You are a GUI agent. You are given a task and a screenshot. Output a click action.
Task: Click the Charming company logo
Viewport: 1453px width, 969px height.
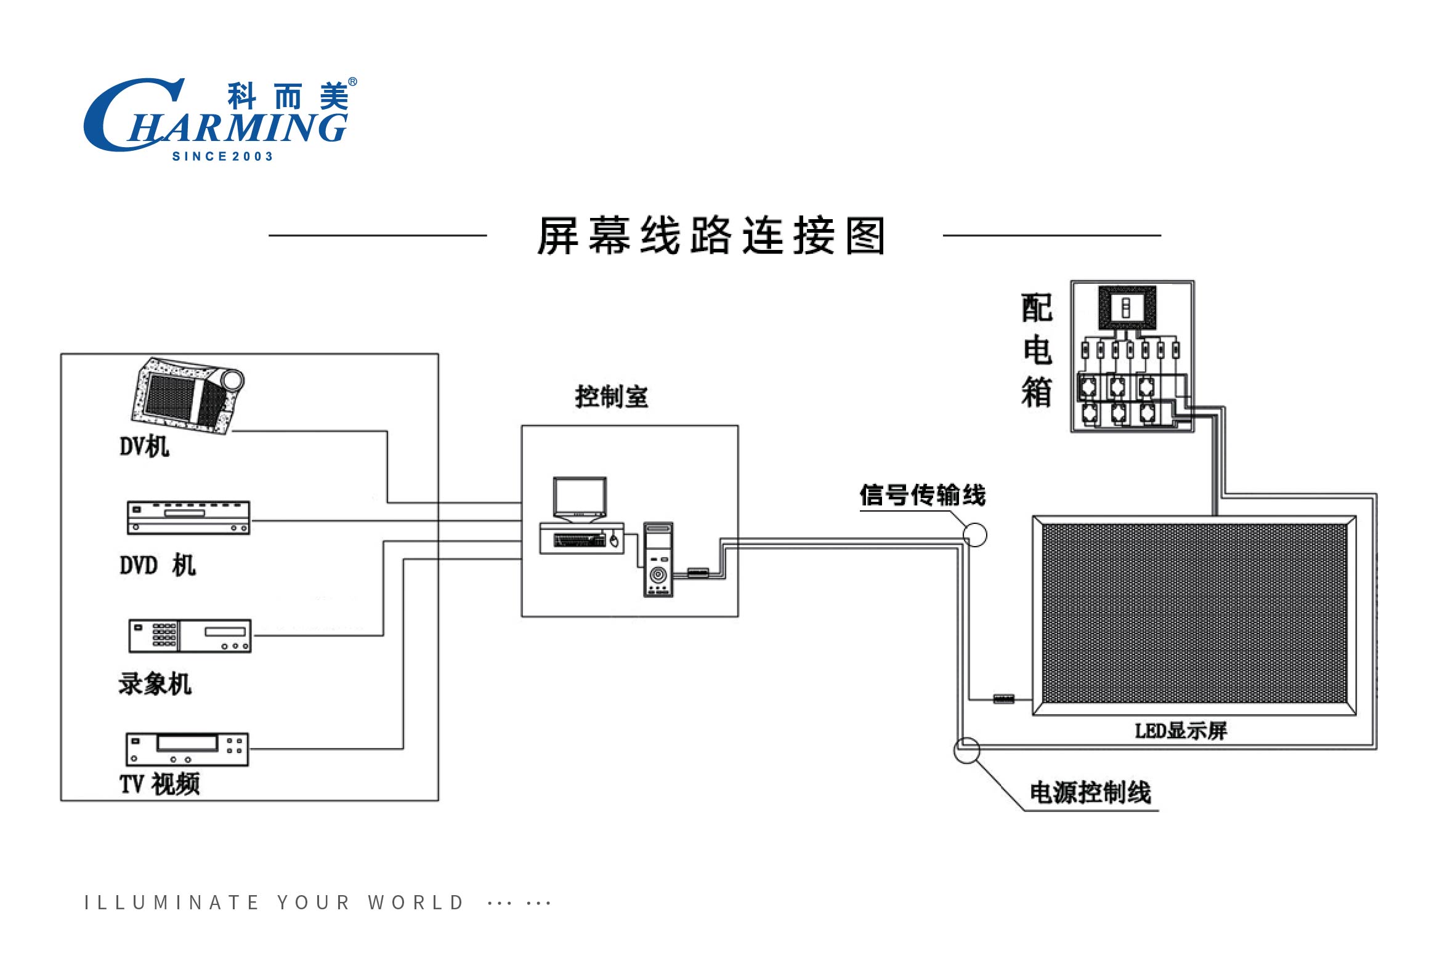click(220, 119)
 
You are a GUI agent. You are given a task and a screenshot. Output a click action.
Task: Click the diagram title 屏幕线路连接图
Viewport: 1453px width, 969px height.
click(711, 235)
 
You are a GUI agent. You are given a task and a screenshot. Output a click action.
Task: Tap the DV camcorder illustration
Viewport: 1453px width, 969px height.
click(188, 395)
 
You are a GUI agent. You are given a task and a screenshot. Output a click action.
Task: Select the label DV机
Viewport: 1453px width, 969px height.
click(144, 446)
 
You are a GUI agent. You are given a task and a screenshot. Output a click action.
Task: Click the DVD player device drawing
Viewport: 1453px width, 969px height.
click(188, 518)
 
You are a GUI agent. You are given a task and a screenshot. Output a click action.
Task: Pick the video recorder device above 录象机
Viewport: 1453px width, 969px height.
click(190, 636)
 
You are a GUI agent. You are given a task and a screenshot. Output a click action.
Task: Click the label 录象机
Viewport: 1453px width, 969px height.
click(155, 684)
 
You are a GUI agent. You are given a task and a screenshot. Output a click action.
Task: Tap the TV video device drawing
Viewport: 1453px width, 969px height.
click(187, 750)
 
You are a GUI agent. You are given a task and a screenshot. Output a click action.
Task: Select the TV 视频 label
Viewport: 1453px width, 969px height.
click(160, 784)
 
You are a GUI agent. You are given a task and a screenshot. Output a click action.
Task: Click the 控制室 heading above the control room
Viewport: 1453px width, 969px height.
click(612, 396)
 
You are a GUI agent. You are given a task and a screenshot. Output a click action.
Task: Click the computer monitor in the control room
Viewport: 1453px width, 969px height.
click(580, 500)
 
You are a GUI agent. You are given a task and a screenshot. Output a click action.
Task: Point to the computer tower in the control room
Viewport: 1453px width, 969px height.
click(658, 560)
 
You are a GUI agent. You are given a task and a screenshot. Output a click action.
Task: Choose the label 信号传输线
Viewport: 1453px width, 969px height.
click(923, 495)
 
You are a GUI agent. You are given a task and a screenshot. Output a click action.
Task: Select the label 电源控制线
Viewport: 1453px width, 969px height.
click(1090, 793)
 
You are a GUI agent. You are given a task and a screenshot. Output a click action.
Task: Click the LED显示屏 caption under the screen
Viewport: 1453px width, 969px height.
click(1180, 731)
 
